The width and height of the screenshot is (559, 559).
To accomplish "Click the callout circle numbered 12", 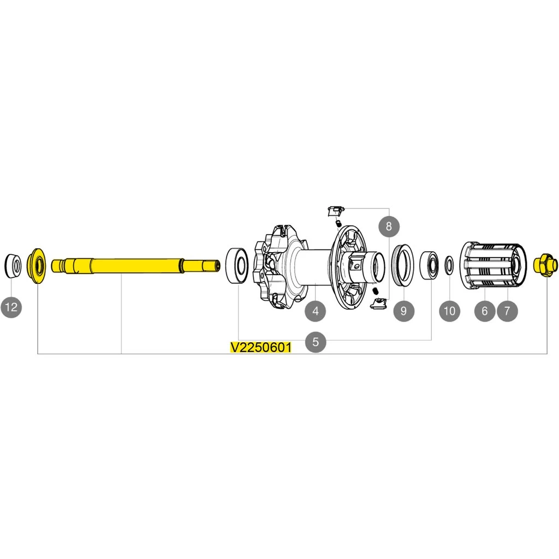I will (11, 307).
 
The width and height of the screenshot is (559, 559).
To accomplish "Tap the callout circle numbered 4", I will (316, 311).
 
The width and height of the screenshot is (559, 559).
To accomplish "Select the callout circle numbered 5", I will (316, 342).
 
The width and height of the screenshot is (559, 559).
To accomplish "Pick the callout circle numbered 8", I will (389, 225).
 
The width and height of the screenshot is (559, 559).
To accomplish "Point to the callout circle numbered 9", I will (403, 311).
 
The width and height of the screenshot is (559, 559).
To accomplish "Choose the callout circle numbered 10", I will (449, 311).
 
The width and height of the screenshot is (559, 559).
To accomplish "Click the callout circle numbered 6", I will (484, 311).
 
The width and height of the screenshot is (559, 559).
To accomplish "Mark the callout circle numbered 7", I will (507, 311).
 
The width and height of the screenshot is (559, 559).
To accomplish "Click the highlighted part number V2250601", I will (260, 348).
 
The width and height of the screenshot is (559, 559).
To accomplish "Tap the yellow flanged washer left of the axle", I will (37, 266).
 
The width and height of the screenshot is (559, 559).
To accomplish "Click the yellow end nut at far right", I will (545, 265).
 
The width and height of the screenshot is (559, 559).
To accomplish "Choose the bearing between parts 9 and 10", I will (430, 265).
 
